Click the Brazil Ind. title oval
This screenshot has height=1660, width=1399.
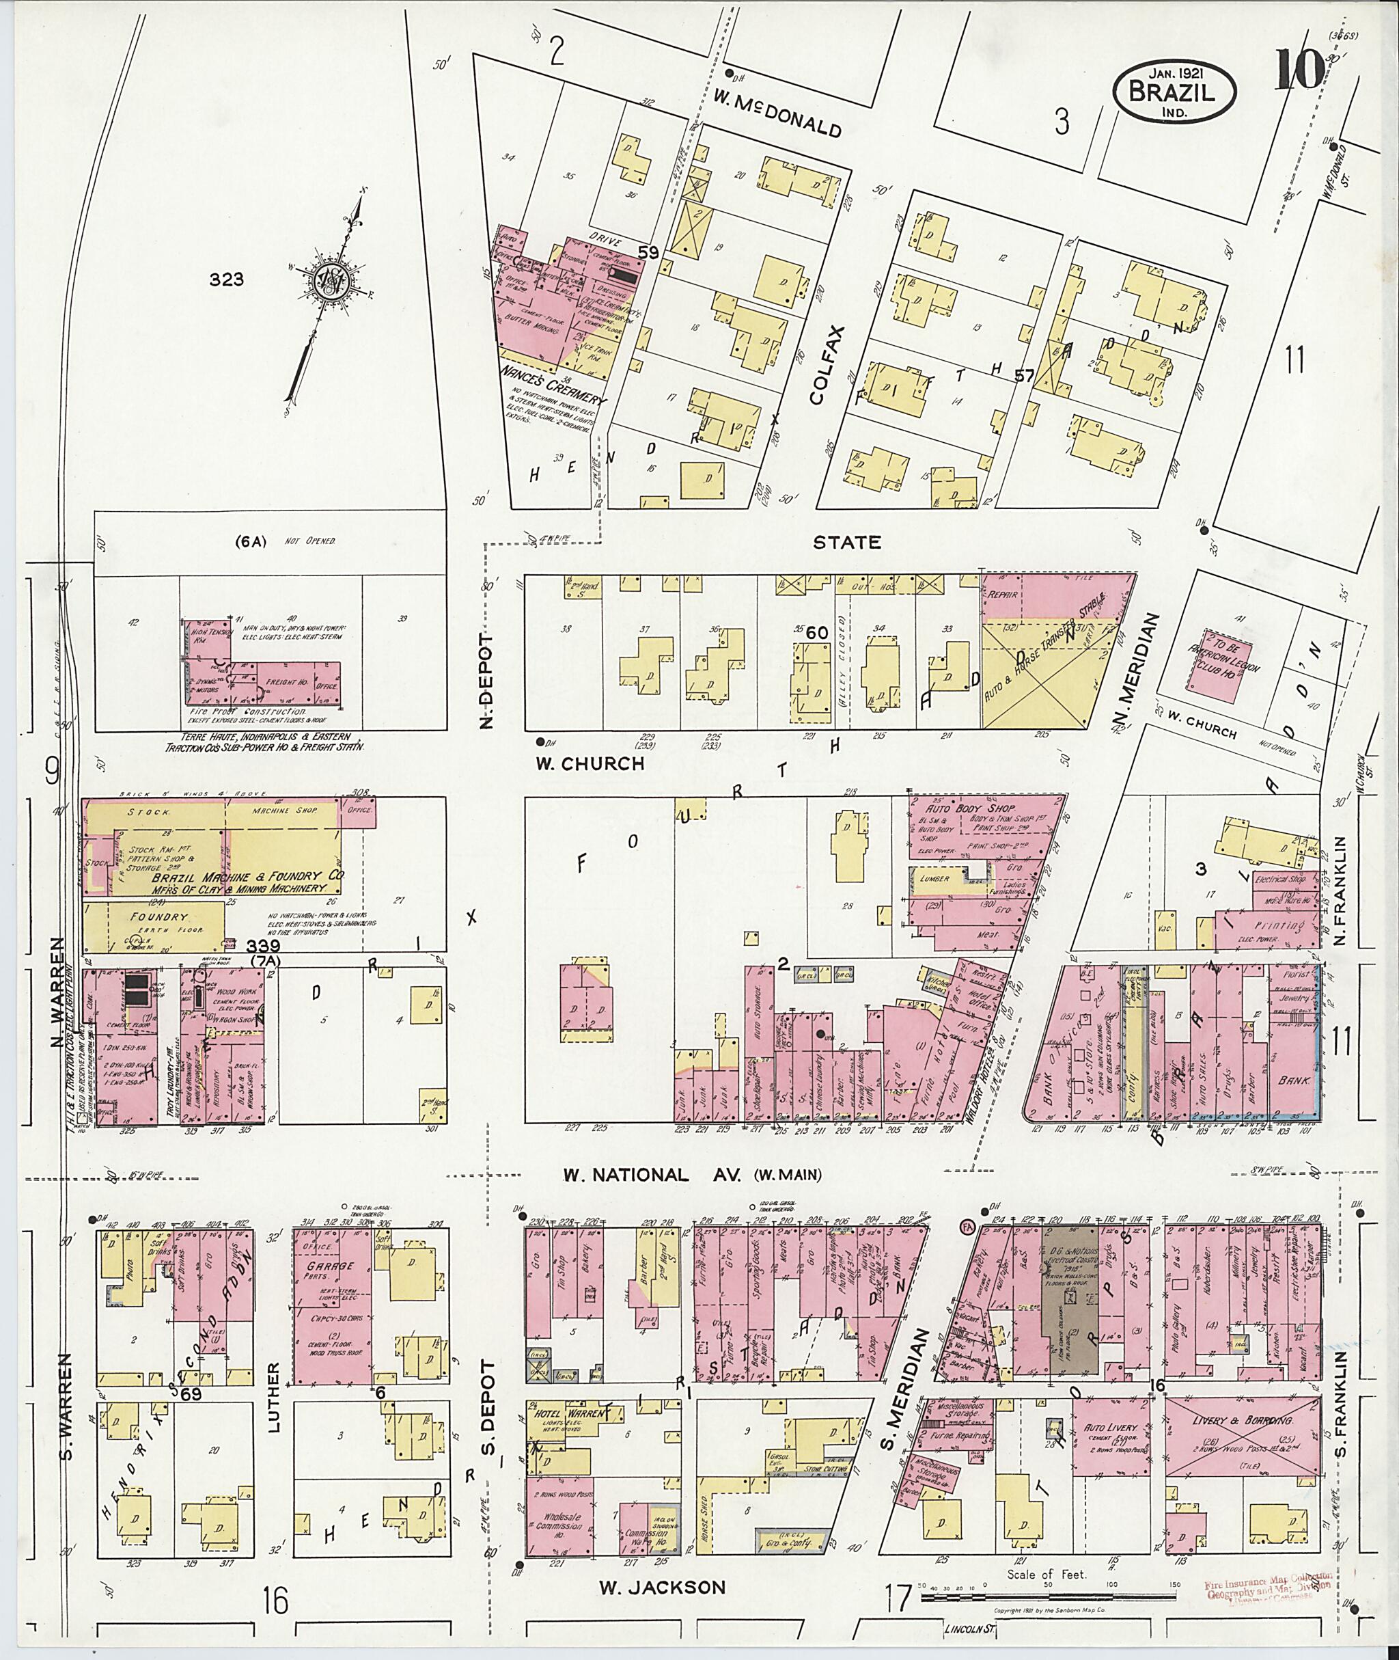1173,93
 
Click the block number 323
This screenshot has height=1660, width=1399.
227,280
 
